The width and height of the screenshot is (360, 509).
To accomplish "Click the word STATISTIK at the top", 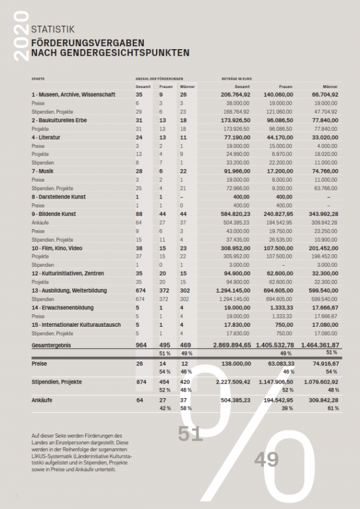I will [x=53, y=28].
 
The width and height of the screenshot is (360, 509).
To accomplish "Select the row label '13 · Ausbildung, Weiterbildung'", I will [x=69, y=290].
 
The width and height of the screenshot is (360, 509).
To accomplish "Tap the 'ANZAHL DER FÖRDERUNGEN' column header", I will [x=158, y=79].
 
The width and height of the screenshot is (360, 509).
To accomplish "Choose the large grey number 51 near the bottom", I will [x=190, y=434].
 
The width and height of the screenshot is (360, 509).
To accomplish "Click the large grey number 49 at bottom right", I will [x=267, y=460].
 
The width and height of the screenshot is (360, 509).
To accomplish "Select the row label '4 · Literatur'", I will [x=46, y=137].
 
